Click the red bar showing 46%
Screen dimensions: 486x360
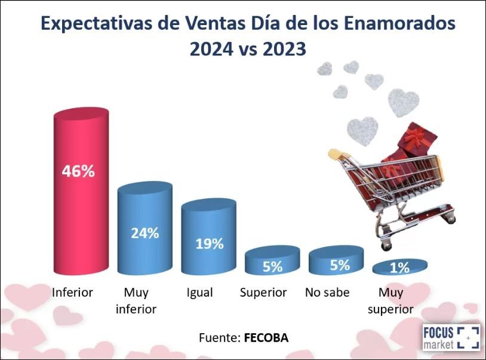click(x=81, y=191)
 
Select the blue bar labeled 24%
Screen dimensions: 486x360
click(x=144, y=228)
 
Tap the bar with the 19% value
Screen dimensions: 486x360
click(x=209, y=236)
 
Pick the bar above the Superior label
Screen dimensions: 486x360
click(x=272, y=260)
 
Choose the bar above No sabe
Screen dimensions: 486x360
click(x=336, y=260)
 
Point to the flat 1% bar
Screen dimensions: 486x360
click(x=400, y=267)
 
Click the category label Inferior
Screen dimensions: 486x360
click(x=72, y=293)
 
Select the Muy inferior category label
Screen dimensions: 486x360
click(x=136, y=301)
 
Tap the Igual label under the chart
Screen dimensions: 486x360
click(x=199, y=293)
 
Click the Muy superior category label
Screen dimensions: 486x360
click(x=390, y=301)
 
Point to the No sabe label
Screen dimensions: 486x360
click(x=327, y=293)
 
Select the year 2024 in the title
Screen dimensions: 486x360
click(x=211, y=50)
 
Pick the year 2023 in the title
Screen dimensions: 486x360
click(x=284, y=50)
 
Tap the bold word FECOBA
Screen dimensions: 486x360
click(x=266, y=338)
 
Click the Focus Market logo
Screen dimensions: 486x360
click(x=451, y=337)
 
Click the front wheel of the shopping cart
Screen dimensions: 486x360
click(x=386, y=246)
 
